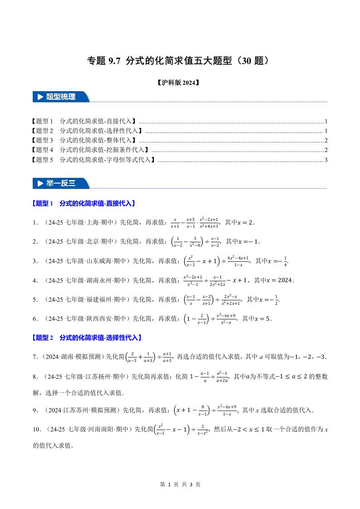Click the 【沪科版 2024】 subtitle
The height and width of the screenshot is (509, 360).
coord(180,83)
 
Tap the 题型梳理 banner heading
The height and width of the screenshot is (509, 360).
coord(61,97)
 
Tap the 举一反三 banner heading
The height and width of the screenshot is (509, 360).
coord(61,183)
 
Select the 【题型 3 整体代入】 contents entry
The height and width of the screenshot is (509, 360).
coord(84,140)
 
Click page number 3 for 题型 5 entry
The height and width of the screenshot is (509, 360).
coord(326,159)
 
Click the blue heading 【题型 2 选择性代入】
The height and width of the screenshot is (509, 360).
coord(87,338)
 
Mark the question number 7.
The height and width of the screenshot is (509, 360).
coord(35,357)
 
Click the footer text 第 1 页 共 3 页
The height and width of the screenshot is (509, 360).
coord(180,484)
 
